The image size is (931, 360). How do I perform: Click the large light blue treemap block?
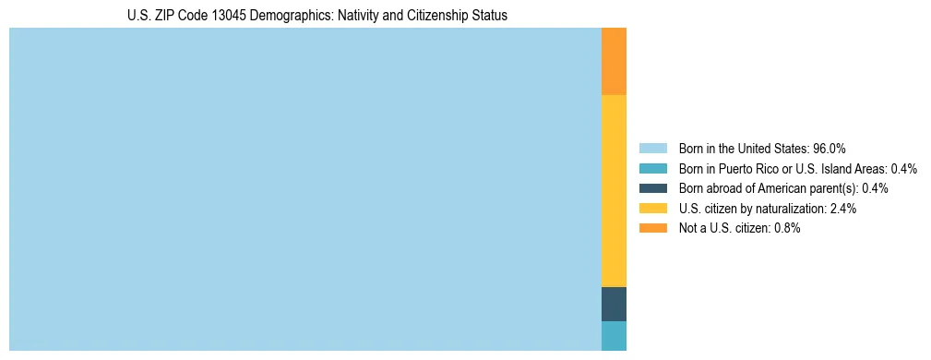(x=304, y=189)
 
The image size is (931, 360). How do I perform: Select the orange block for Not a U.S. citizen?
(x=614, y=61)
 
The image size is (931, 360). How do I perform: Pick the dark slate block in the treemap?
(x=614, y=304)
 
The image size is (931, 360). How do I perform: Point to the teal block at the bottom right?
(x=614, y=336)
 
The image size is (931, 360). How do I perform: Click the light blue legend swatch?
(x=652, y=149)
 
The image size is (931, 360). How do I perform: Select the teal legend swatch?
(x=652, y=169)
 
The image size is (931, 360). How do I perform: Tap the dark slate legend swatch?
(x=652, y=188)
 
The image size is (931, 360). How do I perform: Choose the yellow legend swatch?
(x=652, y=209)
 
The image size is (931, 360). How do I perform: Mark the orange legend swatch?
(x=652, y=228)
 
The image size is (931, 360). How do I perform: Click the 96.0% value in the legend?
(x=830, y=149)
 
